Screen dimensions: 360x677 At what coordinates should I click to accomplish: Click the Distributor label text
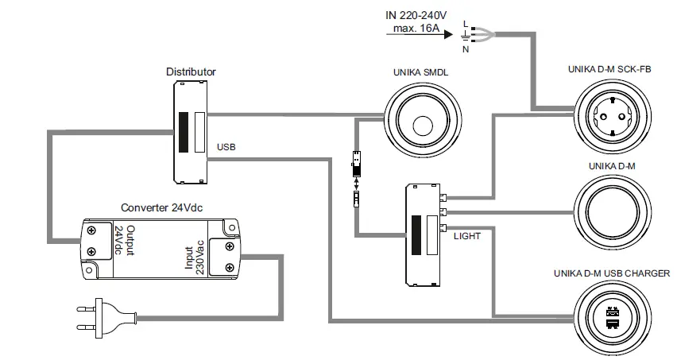(x=190, y=72)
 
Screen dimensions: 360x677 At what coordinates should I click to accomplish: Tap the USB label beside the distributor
(x=226, y=147)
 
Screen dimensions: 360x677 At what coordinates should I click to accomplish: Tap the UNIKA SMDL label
(x=421, y=72)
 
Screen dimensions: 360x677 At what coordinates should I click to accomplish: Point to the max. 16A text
(x=419, y=29)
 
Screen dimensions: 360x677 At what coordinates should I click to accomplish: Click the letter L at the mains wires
(x=466, y=24)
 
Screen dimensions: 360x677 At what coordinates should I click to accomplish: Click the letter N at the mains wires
(x=466, y=49)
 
